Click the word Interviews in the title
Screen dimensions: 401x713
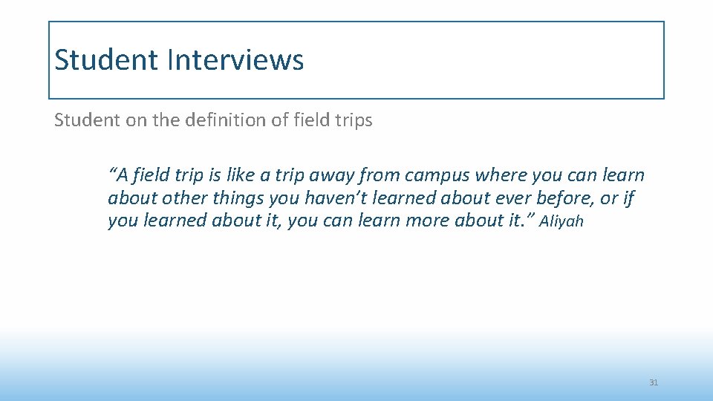[x=235, y=60]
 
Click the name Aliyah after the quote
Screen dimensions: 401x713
[x=561, y=221]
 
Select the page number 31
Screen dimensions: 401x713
[x=654, y=382]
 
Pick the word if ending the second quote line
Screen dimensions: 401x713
[x=629, y=198]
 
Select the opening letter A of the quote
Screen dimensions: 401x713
[x=121, y=176]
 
